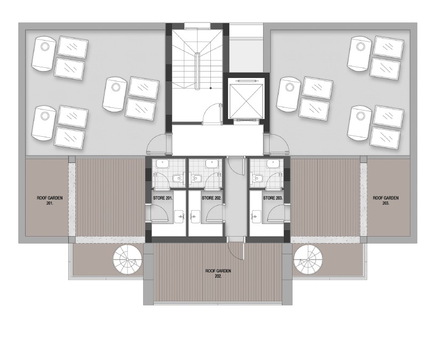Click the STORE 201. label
(x=163, y=198)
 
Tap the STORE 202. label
(x=212, y=198)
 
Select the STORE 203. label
(x=272, y=198)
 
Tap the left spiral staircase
(x=127, y=260)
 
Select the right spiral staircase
(x=308, y=260)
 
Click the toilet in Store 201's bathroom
(x=177, y=178)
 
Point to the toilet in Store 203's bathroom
(x=258, y=177)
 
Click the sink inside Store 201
(x=180, y=216)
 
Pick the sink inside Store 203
(x=256, y=216)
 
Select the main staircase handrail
(x=197, y=71)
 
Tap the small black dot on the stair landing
(x=211, y=88)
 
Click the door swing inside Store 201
(x=159, y=213)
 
